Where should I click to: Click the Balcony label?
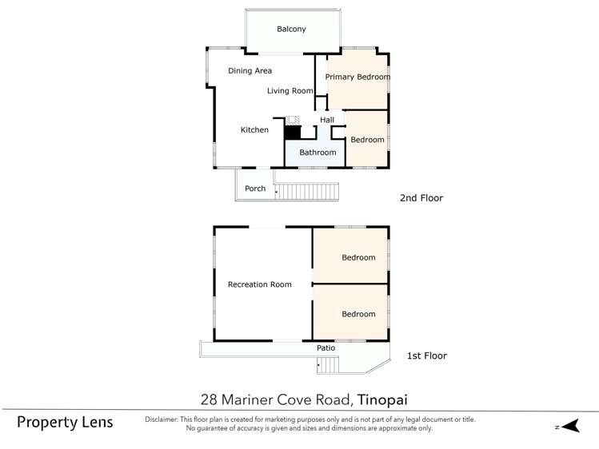pos(291,30)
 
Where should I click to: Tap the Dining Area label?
pos(250,71)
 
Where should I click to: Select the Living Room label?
pos(290,91)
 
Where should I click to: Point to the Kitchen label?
pos(255,130)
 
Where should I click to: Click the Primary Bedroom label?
pos(357,77)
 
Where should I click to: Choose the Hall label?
pos(327,121)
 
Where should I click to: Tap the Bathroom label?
pos(317,153)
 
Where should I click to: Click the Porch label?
pos(255,189)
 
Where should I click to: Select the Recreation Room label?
pos(259,284)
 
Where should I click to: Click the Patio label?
pos(325,348)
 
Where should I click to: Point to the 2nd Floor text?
pos(421,198)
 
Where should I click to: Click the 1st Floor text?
pos(426,356)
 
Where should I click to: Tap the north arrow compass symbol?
pos(568,427)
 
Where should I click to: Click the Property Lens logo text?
pos(65,422)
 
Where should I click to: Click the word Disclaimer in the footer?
pos(166,419)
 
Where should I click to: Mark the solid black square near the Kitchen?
pos(292,133)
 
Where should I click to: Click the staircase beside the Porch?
pos(308,192)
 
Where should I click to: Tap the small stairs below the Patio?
pos(329,365)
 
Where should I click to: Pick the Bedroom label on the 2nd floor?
pos(368,140)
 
